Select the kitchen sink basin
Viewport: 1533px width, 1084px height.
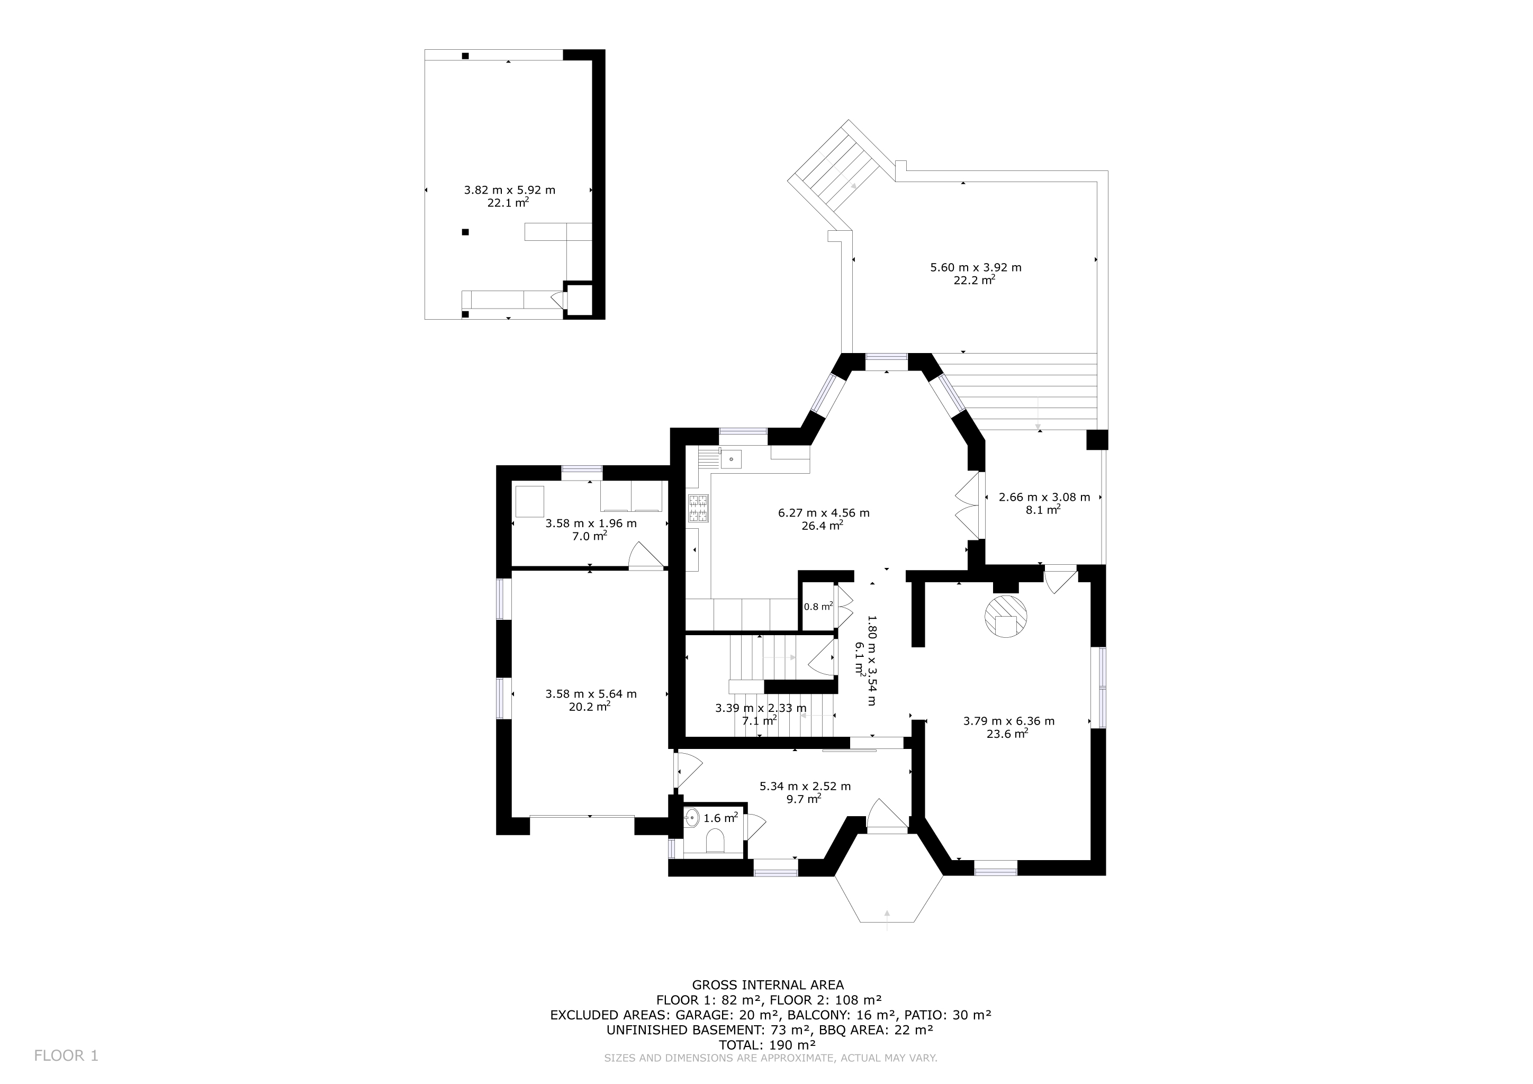[x=731, y=459]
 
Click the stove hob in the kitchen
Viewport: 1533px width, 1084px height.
[x=698, y=509]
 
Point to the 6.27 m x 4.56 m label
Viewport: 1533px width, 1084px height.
[x=823, y=513]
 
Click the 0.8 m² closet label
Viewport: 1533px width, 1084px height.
[x=818, y=607]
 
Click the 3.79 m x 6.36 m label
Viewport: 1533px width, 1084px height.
[x=1008, y=721]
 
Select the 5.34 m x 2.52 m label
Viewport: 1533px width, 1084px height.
[x=805, y=787]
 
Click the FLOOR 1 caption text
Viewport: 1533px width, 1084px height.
[x=66, y=1055]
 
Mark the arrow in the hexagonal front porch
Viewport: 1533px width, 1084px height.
[x=887, y=918]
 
